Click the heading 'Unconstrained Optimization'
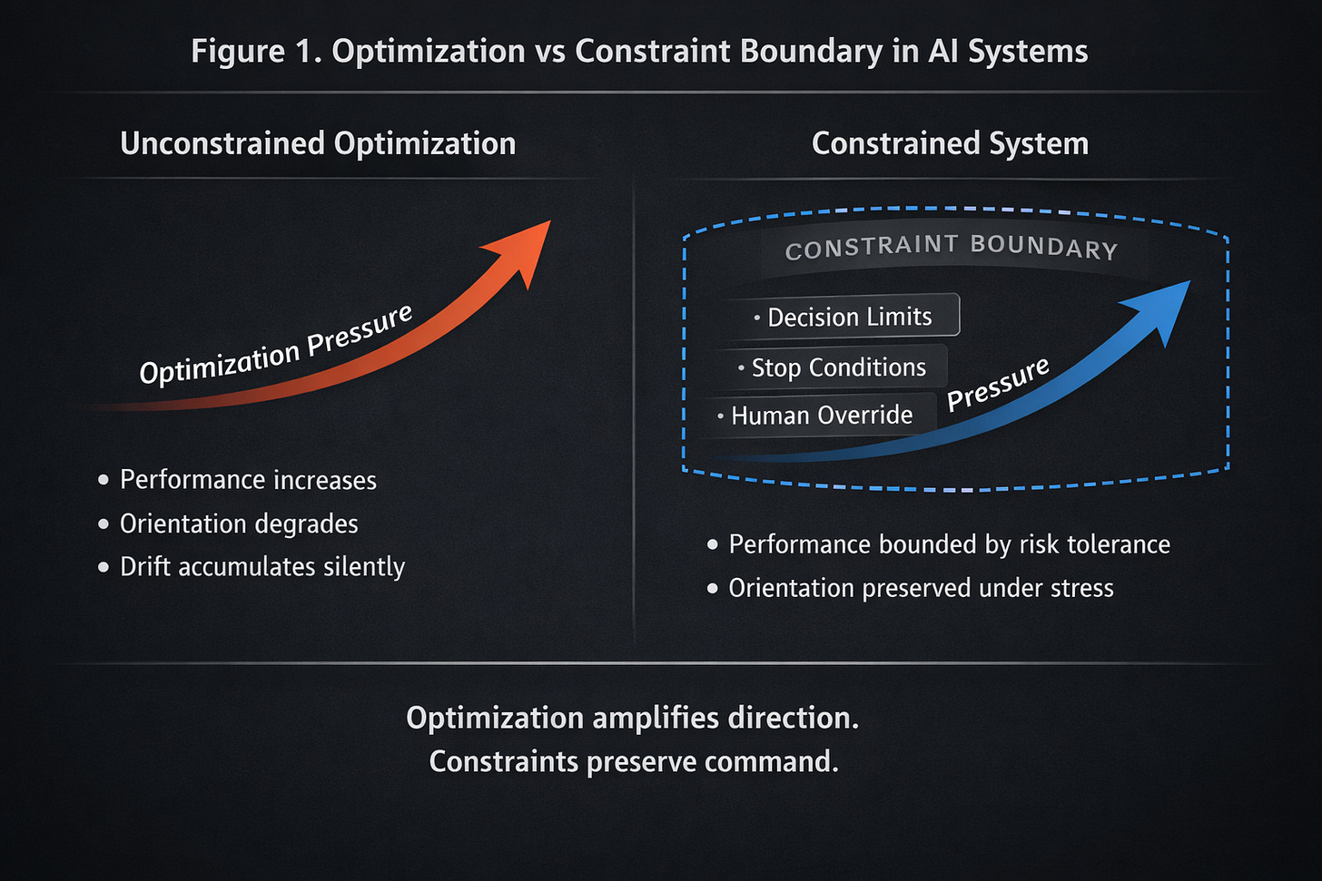tap(318, 143)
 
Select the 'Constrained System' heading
tap(950, 143)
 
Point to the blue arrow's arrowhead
tap(1161, 308)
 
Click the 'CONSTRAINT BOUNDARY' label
tap(951, 247)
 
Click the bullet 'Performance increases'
tap(248, 480)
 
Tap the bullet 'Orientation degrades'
tap(239, 524)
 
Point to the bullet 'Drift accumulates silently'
tap(262, 567)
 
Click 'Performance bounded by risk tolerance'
tap(949, 544)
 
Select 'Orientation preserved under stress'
tap(921, 588)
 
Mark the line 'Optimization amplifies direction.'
tap(633, 718)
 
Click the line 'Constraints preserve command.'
tap(634, 761)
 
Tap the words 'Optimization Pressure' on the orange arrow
tap(276, 346)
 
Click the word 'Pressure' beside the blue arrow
tap(998, 383)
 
